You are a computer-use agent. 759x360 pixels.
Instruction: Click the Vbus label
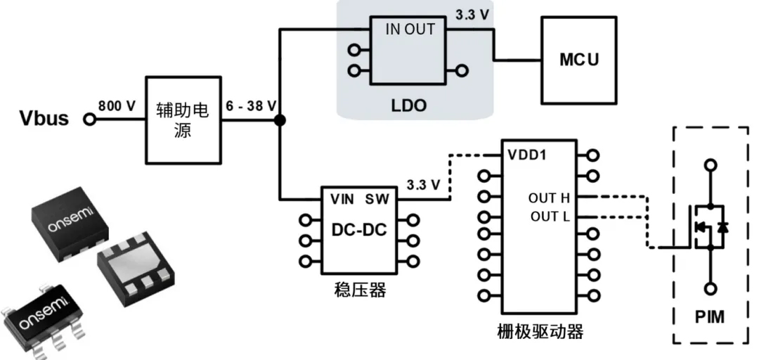pos(44,118)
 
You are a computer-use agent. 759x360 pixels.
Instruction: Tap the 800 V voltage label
pos(117,105)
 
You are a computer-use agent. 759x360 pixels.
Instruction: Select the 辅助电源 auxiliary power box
pos(183,120)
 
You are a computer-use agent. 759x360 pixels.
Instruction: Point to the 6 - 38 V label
pos(251,105)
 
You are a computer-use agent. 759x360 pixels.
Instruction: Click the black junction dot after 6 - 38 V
pos(280,120)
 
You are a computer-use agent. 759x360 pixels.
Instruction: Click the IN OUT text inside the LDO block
pos(410,29)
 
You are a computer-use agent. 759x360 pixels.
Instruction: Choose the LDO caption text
pos(409,105)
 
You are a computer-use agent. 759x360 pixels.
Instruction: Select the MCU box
pos(579,60)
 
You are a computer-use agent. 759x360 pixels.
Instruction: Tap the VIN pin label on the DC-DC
pos(343,199)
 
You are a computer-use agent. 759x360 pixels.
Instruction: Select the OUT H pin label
pos(549,198)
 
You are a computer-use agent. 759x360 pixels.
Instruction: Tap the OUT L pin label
pos(550,216)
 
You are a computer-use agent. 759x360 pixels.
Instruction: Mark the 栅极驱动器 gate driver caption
pos(540,332)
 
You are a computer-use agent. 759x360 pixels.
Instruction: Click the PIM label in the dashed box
pos(710,317)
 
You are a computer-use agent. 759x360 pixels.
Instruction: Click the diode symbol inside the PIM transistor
pos(723,226)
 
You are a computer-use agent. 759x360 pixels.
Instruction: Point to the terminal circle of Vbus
pos(89,119)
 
